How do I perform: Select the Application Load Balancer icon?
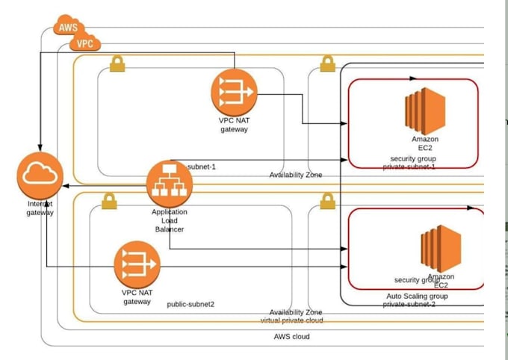coord(169,184)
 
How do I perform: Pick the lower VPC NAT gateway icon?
coord(137,266)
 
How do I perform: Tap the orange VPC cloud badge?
coord(85,44)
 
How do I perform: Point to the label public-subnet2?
coord(190,304)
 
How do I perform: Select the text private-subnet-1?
coord(409,167)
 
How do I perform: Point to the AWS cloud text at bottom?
coord(292,337)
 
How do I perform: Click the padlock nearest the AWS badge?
coord(116,65)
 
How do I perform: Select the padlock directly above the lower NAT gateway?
coord(109,201)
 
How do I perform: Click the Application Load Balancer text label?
coord(169,220)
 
